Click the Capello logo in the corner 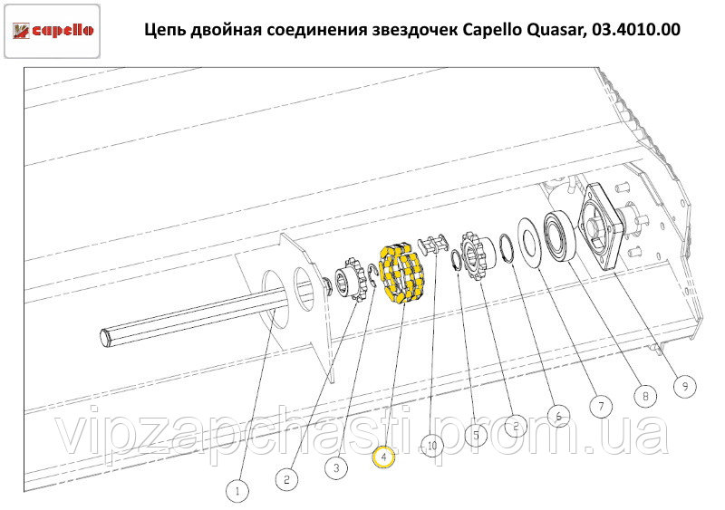53,31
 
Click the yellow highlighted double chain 401,274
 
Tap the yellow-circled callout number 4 383,457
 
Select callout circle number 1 237,490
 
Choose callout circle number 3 336,467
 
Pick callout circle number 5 476,435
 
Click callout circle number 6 558,417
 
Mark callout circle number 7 601,406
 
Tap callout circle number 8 645,396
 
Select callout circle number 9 685,386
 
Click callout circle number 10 432,446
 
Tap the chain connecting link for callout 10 433,245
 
